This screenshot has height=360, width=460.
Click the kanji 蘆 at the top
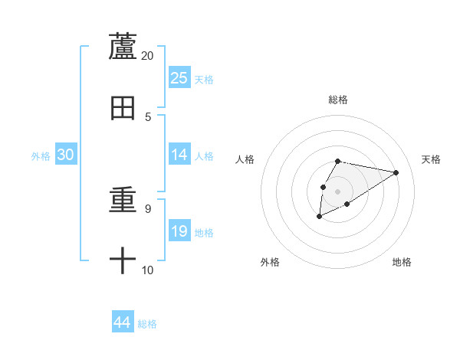coord(123,46)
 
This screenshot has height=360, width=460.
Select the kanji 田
coord(123,108)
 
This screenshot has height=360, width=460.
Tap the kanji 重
coord(123,201)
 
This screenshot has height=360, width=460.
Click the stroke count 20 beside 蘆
coord(147,56)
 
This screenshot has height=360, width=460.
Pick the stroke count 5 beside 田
coord(148,117)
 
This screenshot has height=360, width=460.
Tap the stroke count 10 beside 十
coord(147,270)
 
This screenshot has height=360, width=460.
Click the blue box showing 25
coord(179,77)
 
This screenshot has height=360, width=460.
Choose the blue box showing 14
coord(179,155)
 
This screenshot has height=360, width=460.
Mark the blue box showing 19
coord(179,231)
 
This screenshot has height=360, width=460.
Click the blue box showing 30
coord(66,155)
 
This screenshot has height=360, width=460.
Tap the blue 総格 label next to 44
coord(147,324)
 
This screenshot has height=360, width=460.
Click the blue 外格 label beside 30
coord(41,156)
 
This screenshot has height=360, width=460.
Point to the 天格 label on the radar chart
coord(431,159)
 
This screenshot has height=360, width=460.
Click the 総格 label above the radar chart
coord(338,100)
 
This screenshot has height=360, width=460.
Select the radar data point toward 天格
coord(396,172)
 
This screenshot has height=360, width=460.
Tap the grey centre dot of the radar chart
coord(337,190)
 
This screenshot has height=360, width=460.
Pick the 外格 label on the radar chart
coord(270,262)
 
